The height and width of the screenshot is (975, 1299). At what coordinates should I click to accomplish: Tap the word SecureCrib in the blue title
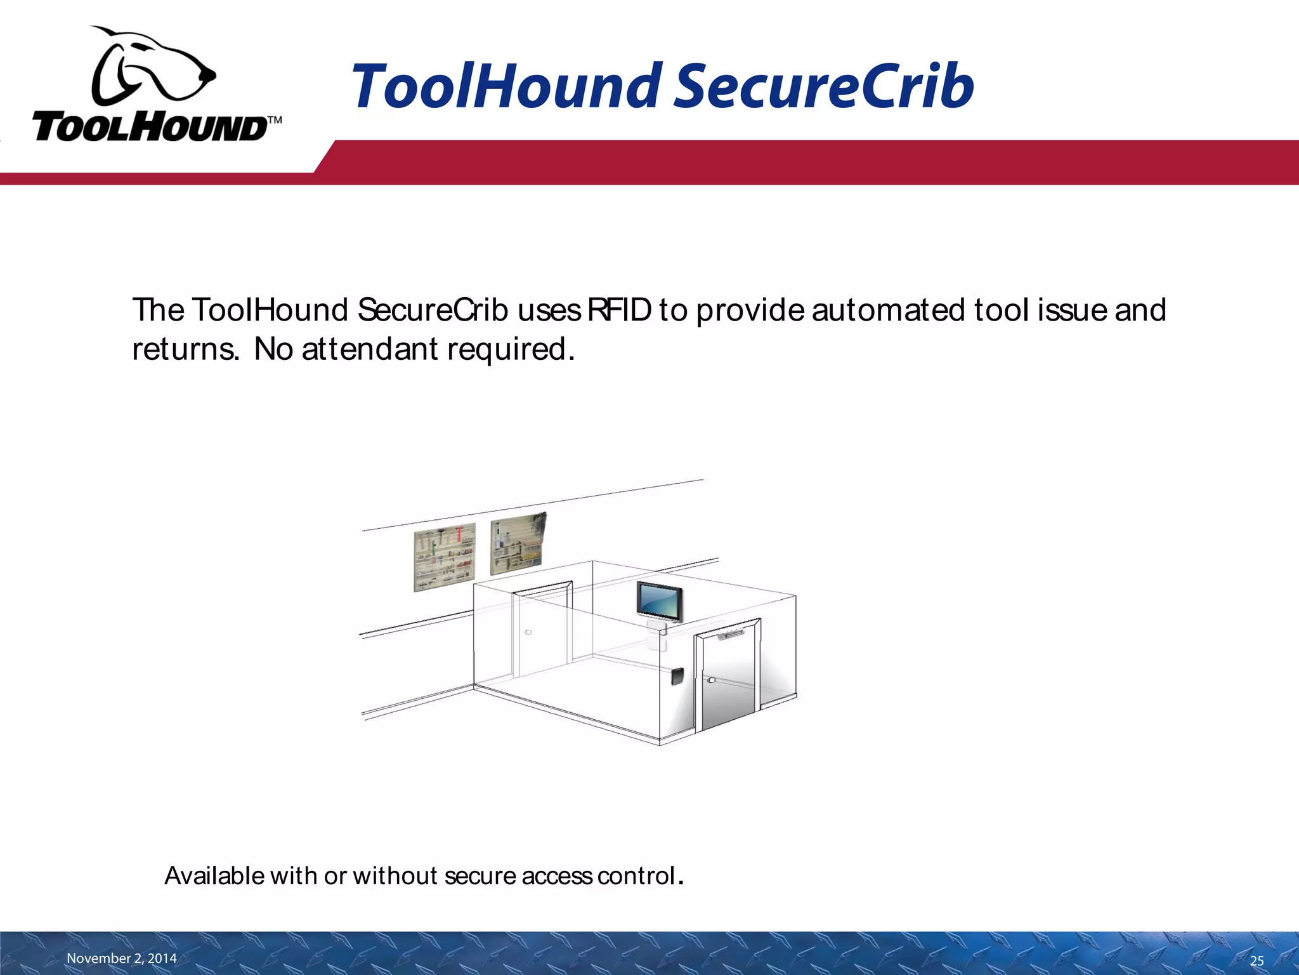pos(823,86)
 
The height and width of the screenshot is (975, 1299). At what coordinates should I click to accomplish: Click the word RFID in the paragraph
pos(619,310)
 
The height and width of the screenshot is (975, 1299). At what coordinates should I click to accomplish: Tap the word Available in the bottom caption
pos(214,876)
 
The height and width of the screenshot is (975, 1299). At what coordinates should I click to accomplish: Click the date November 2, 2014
pos(122,958)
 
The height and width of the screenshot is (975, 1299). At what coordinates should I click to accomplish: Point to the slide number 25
pos(1257,960)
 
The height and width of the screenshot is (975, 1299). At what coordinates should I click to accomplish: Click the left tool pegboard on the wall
pos(444,557)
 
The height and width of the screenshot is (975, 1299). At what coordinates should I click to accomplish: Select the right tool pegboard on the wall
pos(518,543)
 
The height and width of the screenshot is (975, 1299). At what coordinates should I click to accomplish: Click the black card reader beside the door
pos(677,675)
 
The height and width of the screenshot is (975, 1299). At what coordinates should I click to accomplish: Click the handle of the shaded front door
pos(711,680)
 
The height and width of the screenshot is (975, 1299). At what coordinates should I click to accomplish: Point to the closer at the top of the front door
pos(731,633)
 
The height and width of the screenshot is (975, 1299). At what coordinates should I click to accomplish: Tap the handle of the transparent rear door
pos(528,632)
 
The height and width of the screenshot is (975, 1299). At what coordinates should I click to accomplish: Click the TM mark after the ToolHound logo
pos(275,119)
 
